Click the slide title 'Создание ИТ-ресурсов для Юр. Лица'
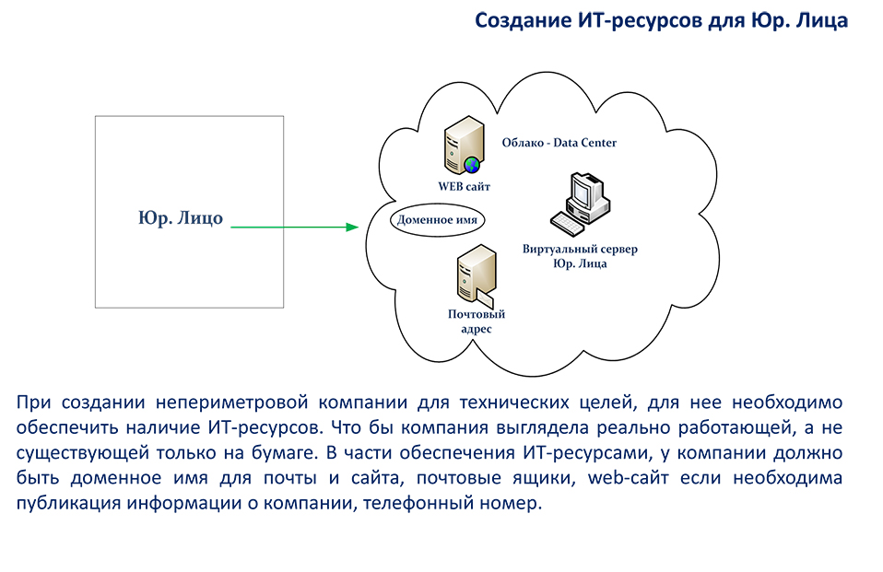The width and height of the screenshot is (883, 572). pyautogui.click(x=661, y=21)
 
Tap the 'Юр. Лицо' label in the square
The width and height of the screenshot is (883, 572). pyautogui.click(x=181, y=218)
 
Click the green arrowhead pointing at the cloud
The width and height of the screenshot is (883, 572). pyautogui.click(x=352, y=227)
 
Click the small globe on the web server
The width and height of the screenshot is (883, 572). pyautogui.click(x=472, y=165)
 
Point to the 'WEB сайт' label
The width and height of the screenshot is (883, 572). pyautogui.click(x=464, y=186)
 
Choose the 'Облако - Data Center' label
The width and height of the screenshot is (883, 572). pyautogui.click(x=559, y=143)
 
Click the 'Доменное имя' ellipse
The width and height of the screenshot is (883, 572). pyautogui.click(x=437, y=219)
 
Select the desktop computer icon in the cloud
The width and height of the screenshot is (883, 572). pyautogui.click(x=581, y=204)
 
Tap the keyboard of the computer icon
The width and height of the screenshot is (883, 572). pyautogui.click(x=567, y=223)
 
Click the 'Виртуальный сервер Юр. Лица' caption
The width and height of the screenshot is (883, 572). pyautogui.click(x=580, y=256)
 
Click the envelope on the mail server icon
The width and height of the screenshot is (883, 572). pyautogui.click(x=486, y=298)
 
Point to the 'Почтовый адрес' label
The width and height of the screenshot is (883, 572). pyautogui.click(x=477, y=321)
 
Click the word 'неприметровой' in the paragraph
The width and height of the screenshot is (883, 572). pyautogui.click(x=232, y=403)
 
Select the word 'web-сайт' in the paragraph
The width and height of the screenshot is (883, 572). pyautogui.click(x=629, y=477)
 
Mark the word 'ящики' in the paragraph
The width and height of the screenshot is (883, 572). pyautogui.click(x=544, y=478)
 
